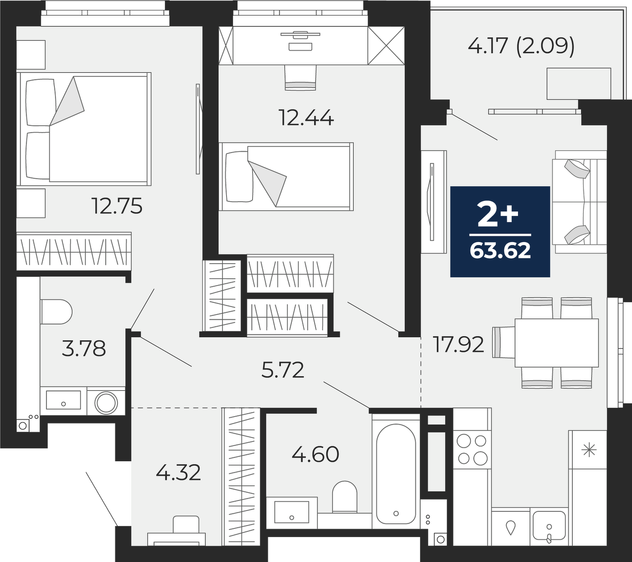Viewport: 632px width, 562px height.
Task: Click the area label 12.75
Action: tap(117, 206)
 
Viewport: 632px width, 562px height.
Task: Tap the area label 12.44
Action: tap(307, 118)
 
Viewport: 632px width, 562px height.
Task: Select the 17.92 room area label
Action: tap(459, 344)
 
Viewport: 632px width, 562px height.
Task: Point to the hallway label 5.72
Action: tap(282, 371)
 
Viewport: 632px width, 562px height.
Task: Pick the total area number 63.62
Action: tap(500, 251)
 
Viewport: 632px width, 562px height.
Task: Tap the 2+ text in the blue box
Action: tap(498, 215)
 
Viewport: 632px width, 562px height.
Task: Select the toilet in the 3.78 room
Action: tap(56, 312)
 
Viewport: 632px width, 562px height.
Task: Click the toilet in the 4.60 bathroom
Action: tap(344, 497)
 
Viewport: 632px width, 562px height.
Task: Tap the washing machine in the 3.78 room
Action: tap(106, 403)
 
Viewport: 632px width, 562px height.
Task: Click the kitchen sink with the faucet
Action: tap(549, 527)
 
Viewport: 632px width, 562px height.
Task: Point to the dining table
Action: tap(557, 342)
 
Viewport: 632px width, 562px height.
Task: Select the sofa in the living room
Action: tap(579, 202)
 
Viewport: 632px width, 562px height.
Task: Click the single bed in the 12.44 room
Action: tap(286, 176)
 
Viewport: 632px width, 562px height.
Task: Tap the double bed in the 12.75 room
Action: tap(84, 129)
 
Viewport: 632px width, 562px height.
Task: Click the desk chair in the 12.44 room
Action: tap(301, 78)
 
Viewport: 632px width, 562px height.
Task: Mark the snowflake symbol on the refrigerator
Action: tap(589, 451)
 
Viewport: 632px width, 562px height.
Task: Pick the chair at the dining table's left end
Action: tap(504, 342)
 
